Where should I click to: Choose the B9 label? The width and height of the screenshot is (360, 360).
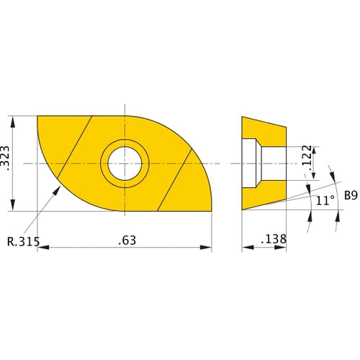click(351, 195)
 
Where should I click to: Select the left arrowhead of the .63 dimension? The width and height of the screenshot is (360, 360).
click(40, 248)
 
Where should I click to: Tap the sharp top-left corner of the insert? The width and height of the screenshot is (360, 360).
click(37, 116)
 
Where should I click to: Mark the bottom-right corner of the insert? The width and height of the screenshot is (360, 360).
click(211, 211)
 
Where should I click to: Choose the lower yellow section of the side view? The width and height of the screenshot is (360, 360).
click(263, 196)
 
